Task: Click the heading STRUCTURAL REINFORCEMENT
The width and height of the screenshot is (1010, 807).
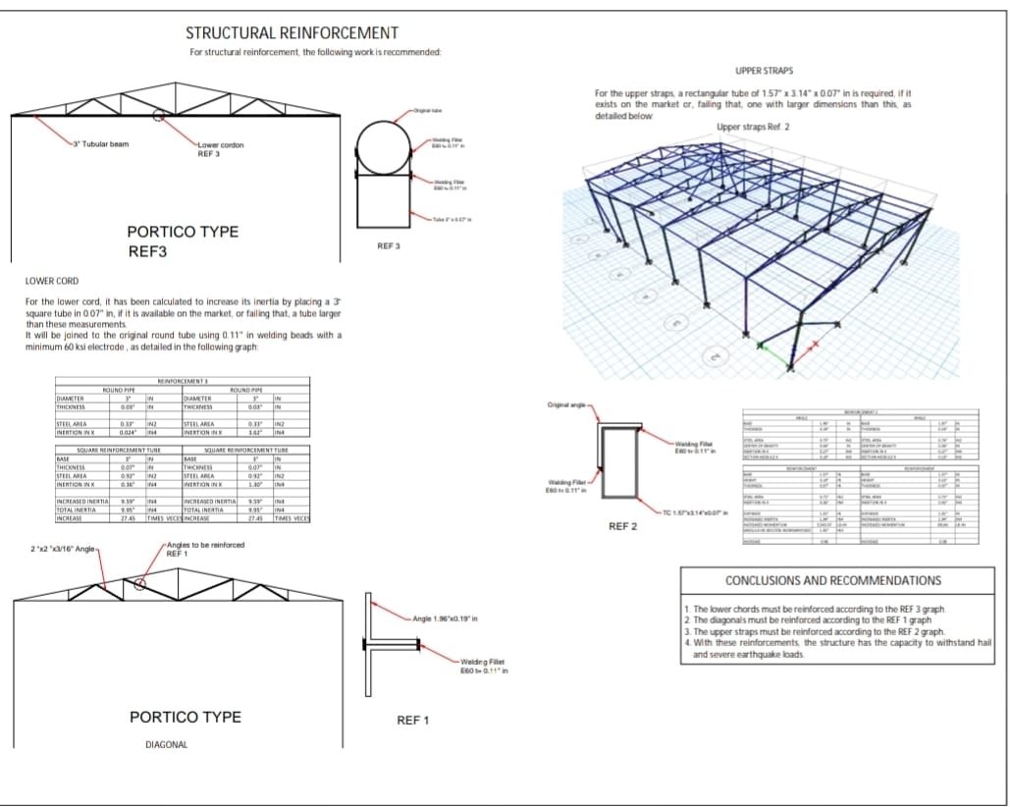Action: tap(292, 33)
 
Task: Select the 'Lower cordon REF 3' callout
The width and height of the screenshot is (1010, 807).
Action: tap(222, 148)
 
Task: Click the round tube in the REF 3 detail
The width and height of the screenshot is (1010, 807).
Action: tap(382, 146)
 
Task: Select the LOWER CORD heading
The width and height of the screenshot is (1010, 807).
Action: tap(51, 281)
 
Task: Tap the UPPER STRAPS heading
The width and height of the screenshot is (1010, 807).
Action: tap(764, 72)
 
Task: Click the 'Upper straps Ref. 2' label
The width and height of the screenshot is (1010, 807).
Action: tap(753, 127)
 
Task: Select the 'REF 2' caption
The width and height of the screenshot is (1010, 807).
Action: tap(623, 526)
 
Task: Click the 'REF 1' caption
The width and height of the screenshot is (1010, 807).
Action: tap(412, 721)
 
